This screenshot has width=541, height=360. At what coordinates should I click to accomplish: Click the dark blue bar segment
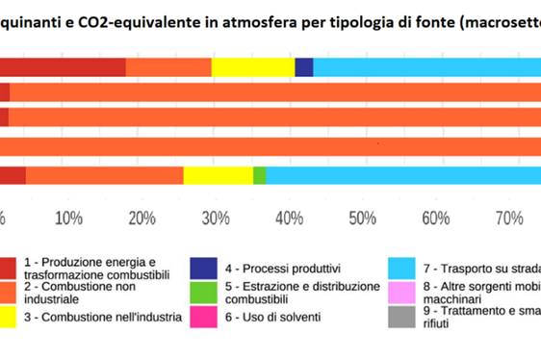pos(304,66)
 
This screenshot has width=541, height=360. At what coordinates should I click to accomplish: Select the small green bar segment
pos(259,175)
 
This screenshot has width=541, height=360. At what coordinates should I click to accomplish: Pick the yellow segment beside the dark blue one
pos(253,66)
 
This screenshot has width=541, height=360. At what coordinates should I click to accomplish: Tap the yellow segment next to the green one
pos(218,175)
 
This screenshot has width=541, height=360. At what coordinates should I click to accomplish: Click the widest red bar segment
pos(63,66)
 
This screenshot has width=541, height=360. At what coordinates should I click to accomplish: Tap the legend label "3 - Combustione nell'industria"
pos(102,318)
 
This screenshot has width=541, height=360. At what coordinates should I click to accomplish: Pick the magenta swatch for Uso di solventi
pos(201,317)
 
